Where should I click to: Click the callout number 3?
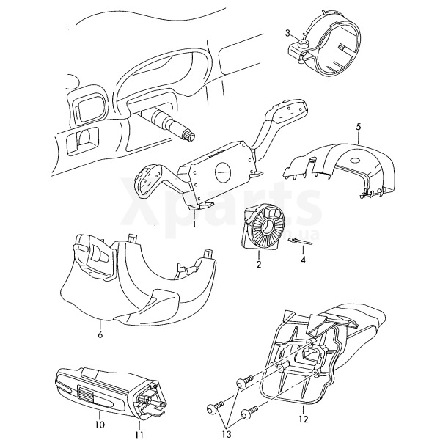coord(288,34)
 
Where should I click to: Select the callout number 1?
coord(194,224)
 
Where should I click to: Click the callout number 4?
coord(302,259)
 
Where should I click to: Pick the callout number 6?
coord(100,335)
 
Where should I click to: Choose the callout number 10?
coord(100,425)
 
